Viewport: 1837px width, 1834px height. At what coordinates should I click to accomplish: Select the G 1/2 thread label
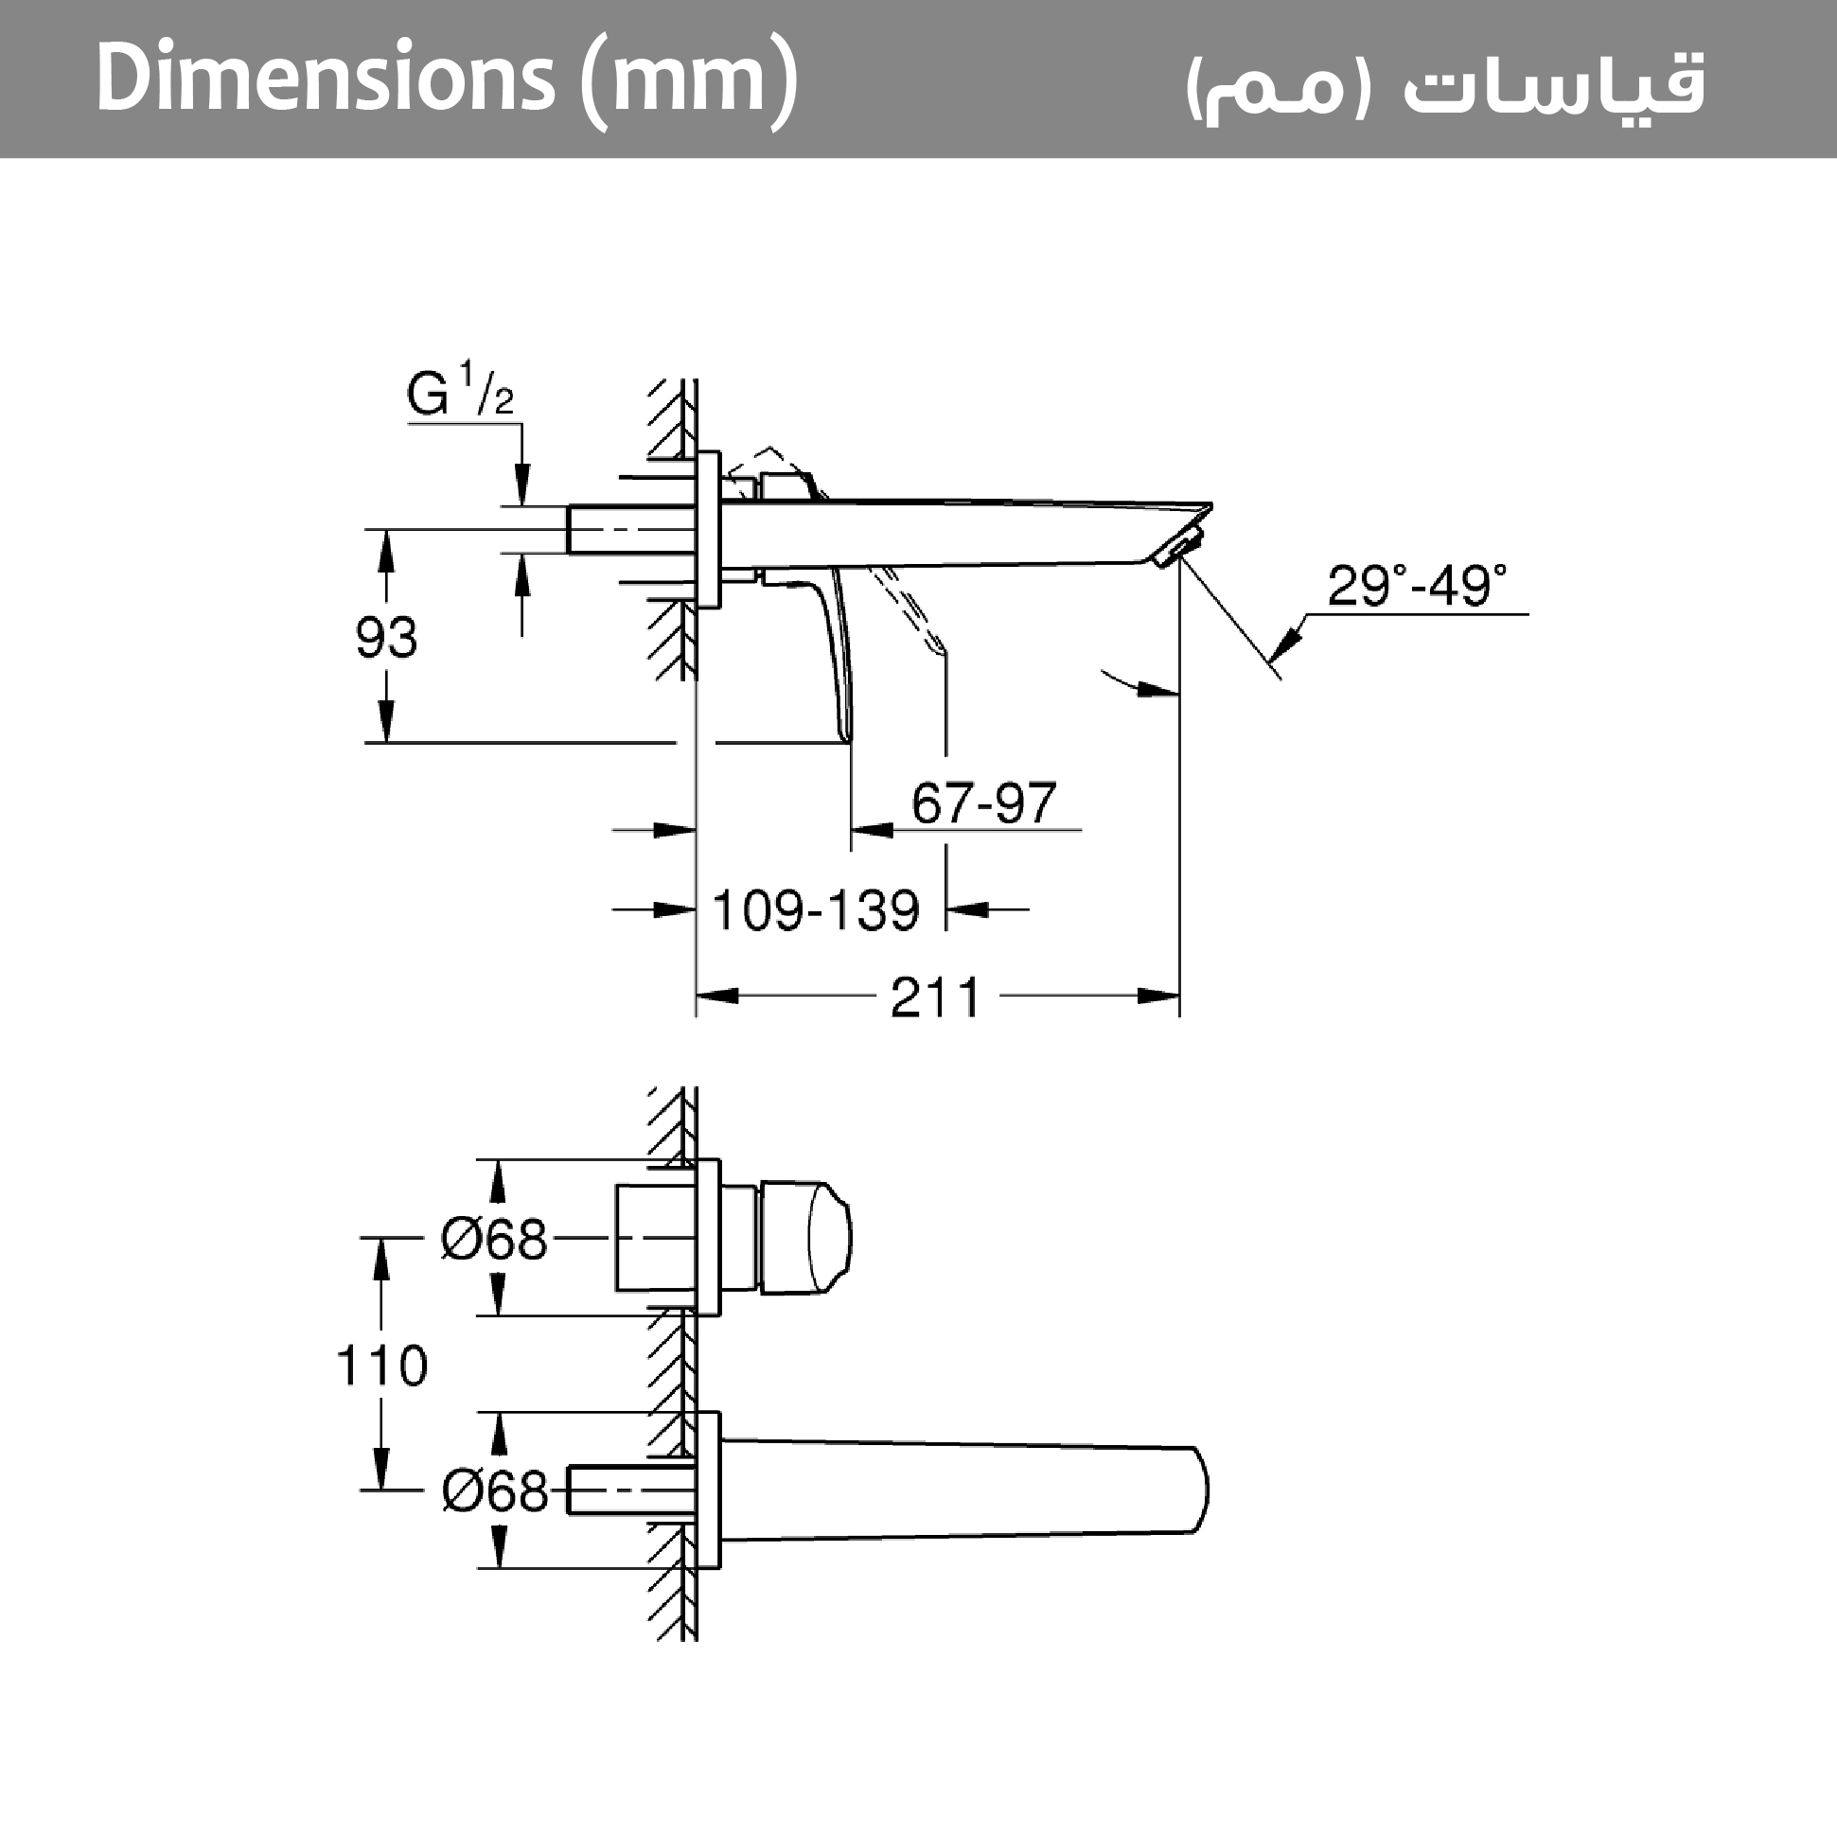point(460,390)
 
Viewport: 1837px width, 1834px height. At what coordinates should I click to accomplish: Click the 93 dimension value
point(386,637)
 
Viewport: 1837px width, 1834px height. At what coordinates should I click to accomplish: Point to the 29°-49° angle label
point(1416,586)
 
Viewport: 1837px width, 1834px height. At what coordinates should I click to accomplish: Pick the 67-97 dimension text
point(983,803)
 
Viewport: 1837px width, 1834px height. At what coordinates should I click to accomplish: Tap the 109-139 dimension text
point(816,909)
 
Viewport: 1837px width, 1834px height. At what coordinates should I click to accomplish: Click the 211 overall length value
point(935,997)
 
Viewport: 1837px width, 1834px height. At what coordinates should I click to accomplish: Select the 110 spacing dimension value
point(382,1366)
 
